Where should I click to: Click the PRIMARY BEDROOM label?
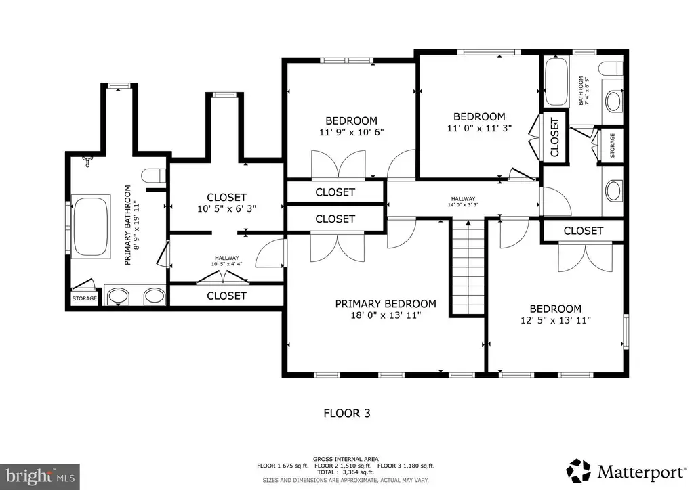click(x=386, y=304)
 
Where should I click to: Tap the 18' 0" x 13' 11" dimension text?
click(x=386, y=315)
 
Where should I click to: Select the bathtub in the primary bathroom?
click(x=91, y=226)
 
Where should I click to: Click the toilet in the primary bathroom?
click(x=154, y=175)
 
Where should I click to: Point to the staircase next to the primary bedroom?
click(x=468, y=267)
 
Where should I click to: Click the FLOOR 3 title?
click(x=347, y=414)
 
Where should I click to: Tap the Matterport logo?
click(x=626, y=472)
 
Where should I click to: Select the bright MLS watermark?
click(x=40, y=476)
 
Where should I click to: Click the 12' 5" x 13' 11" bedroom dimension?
click(x=556, y=320)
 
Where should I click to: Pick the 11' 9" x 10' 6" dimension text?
click(x=352, y=132)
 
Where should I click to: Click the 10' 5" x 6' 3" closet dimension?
click(x=226, y=208)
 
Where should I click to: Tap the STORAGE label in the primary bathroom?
click(x=85, y=298)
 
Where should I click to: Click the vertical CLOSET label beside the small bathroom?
click(x=554, y=137)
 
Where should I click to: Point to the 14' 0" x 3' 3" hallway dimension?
click(x=463, y=205)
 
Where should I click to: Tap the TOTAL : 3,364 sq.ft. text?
click(x=346, y=472)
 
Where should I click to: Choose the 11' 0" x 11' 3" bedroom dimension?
click(x=479, y=128)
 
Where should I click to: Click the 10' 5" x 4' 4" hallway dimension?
click(x=226, y=264)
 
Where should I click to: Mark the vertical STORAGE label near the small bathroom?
click(x=613, y=146)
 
